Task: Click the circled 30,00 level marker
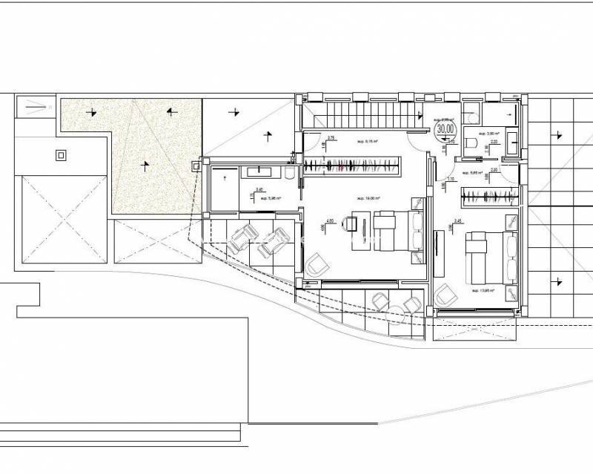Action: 445,128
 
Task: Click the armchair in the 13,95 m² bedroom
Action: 446,295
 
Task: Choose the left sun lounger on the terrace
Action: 241,240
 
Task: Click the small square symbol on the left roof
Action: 61,156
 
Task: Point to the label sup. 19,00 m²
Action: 367,198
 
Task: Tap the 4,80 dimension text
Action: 331,220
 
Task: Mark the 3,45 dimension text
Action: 458,221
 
